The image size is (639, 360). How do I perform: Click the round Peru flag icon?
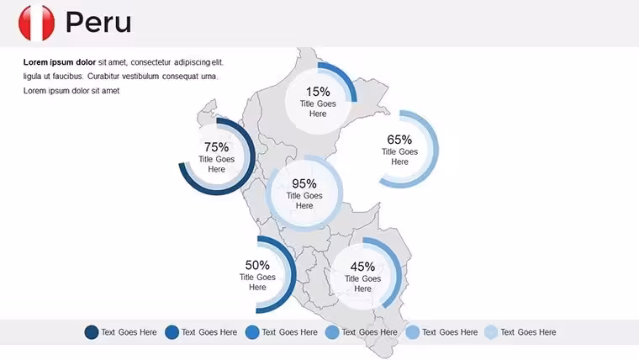tap(37, 23)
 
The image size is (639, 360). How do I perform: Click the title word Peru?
tap(98, 23)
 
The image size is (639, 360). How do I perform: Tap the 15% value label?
tap(318, 92)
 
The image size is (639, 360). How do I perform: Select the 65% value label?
tap(399, 140)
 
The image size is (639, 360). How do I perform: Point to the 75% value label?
tap(216, 146)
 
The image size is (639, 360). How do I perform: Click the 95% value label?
tap(304, 183)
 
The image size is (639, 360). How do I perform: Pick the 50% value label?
tap(257, 265)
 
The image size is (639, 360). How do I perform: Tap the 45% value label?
tap(362, 267)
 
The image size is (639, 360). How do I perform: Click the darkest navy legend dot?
tap(92, 332)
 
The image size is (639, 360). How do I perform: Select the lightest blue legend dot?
tap(491, 332)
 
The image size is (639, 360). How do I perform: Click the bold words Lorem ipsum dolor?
tap(60, 62)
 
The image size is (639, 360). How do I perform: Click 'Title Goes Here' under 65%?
tap(399, 156)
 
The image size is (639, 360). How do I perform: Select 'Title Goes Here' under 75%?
tap(216, 164)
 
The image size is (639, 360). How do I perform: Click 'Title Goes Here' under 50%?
tap(257, 282)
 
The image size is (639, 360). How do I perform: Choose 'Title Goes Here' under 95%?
tap(304, 200)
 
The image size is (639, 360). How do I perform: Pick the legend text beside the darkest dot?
tap(129, 332)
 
